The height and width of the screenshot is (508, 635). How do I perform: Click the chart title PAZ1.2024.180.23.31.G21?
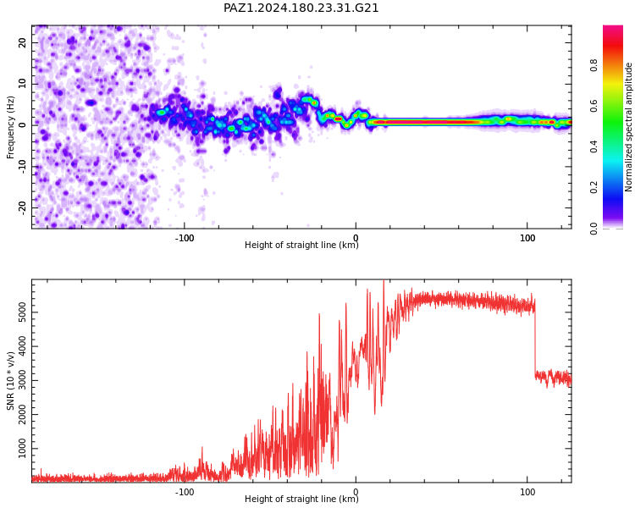coord(301,8)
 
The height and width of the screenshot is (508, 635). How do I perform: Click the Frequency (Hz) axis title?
coord(10,127)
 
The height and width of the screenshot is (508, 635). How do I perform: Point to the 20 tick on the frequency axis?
coord(22,42)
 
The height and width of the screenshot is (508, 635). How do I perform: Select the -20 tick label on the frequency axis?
coord(22,207)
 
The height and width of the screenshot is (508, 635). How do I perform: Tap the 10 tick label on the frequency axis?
coord(22,84)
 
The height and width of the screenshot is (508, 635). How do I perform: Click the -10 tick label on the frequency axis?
coord(22,167)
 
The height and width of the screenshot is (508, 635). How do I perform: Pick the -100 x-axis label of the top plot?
coord(185,238)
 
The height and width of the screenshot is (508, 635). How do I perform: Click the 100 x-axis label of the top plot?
coord(527,238)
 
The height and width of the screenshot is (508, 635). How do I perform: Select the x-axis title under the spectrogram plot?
coord(301,245)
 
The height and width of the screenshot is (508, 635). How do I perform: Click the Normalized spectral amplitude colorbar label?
coord(628,127)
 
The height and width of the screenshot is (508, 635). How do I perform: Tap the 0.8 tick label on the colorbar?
coord(594,65)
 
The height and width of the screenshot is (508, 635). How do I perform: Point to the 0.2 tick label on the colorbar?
coord(594,188)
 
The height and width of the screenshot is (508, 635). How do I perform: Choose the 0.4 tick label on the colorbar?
coord(594,146)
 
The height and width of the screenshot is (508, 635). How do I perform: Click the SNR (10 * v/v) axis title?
coord(10,381)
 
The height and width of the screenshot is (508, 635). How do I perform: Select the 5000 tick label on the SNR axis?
coord(22,312)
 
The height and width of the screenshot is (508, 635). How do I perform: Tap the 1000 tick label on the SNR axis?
coord(22,449)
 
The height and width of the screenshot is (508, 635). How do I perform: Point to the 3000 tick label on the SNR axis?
coord(22,380)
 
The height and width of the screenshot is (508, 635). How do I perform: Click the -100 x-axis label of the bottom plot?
coord(185,492)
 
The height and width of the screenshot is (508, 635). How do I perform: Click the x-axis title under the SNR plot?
coord(301,499)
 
